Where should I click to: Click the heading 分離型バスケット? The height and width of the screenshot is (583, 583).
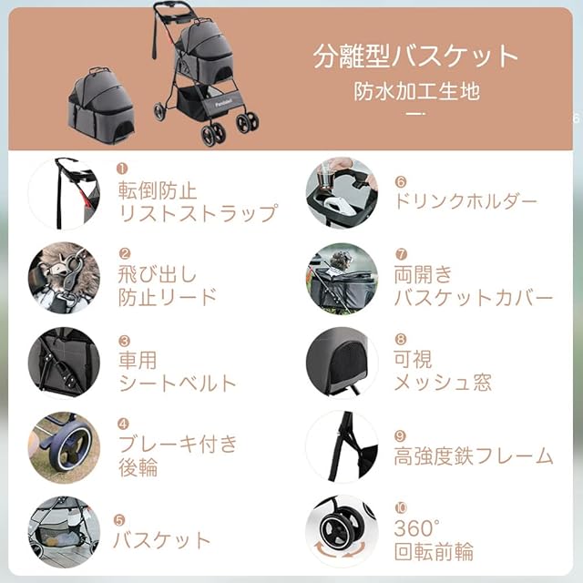point(415,56)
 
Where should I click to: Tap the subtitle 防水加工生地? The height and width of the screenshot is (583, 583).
point(416,91)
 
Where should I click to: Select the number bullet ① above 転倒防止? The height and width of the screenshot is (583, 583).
point(122,169)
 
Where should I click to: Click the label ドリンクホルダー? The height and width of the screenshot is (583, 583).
point(465,201)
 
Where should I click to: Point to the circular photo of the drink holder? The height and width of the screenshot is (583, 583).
point(342,192)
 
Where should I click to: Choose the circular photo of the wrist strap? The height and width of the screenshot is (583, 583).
point(65,193)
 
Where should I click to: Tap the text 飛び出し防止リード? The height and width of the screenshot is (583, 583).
point(168,285)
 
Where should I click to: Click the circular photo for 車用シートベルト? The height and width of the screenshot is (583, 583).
point(65,363)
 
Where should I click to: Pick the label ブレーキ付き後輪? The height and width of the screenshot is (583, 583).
point(178,455)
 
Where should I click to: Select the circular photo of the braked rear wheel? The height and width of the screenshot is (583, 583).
point(65,447)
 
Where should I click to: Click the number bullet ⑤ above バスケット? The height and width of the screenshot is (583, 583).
point(119,520)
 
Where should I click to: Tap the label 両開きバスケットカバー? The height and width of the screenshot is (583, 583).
point(474,286)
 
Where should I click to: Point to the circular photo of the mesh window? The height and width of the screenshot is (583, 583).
point(342,363)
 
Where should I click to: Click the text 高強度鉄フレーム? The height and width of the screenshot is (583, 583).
point(474,456)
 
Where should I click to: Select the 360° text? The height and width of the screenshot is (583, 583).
point(417,527)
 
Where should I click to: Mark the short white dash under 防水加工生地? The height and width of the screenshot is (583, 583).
point(415,113)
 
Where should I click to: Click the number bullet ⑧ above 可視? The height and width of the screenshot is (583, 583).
point(401,339)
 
